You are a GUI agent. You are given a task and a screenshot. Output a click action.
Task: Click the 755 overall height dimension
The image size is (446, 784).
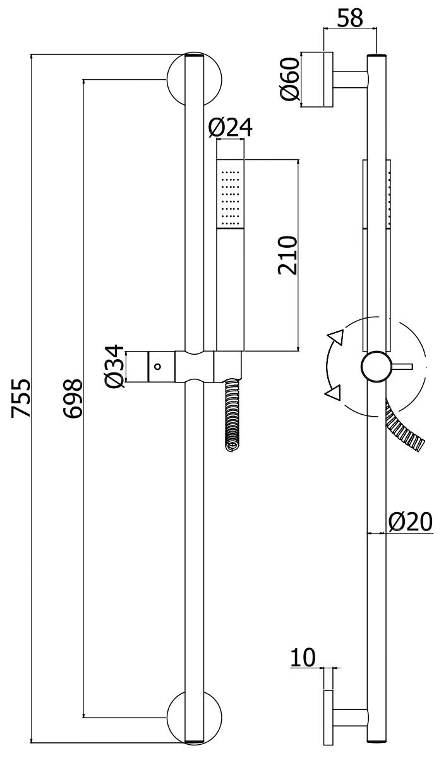(x=21, y=398)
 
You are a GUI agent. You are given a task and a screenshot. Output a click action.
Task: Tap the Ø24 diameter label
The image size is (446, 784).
(x=231, y=128)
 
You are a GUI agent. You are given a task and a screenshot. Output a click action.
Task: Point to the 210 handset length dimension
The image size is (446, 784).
(x=287, y=255)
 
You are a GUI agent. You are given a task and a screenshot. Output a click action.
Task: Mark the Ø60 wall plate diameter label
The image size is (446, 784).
(x=289, y=78)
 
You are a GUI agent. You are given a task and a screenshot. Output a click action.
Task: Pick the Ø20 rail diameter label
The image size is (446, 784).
(x=411, y=522)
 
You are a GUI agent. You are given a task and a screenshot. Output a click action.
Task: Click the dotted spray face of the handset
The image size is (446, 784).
(x=230, y=193)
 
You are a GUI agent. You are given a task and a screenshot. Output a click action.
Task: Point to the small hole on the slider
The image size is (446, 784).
(x=158, y=366)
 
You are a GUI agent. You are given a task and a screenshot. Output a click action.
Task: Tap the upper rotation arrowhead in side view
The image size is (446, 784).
(x=335, y=337)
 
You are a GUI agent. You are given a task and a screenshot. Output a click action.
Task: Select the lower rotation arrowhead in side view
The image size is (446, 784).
(x=332, y=393)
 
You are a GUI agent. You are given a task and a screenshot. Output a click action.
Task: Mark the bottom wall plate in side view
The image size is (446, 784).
(x=328, y=718)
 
